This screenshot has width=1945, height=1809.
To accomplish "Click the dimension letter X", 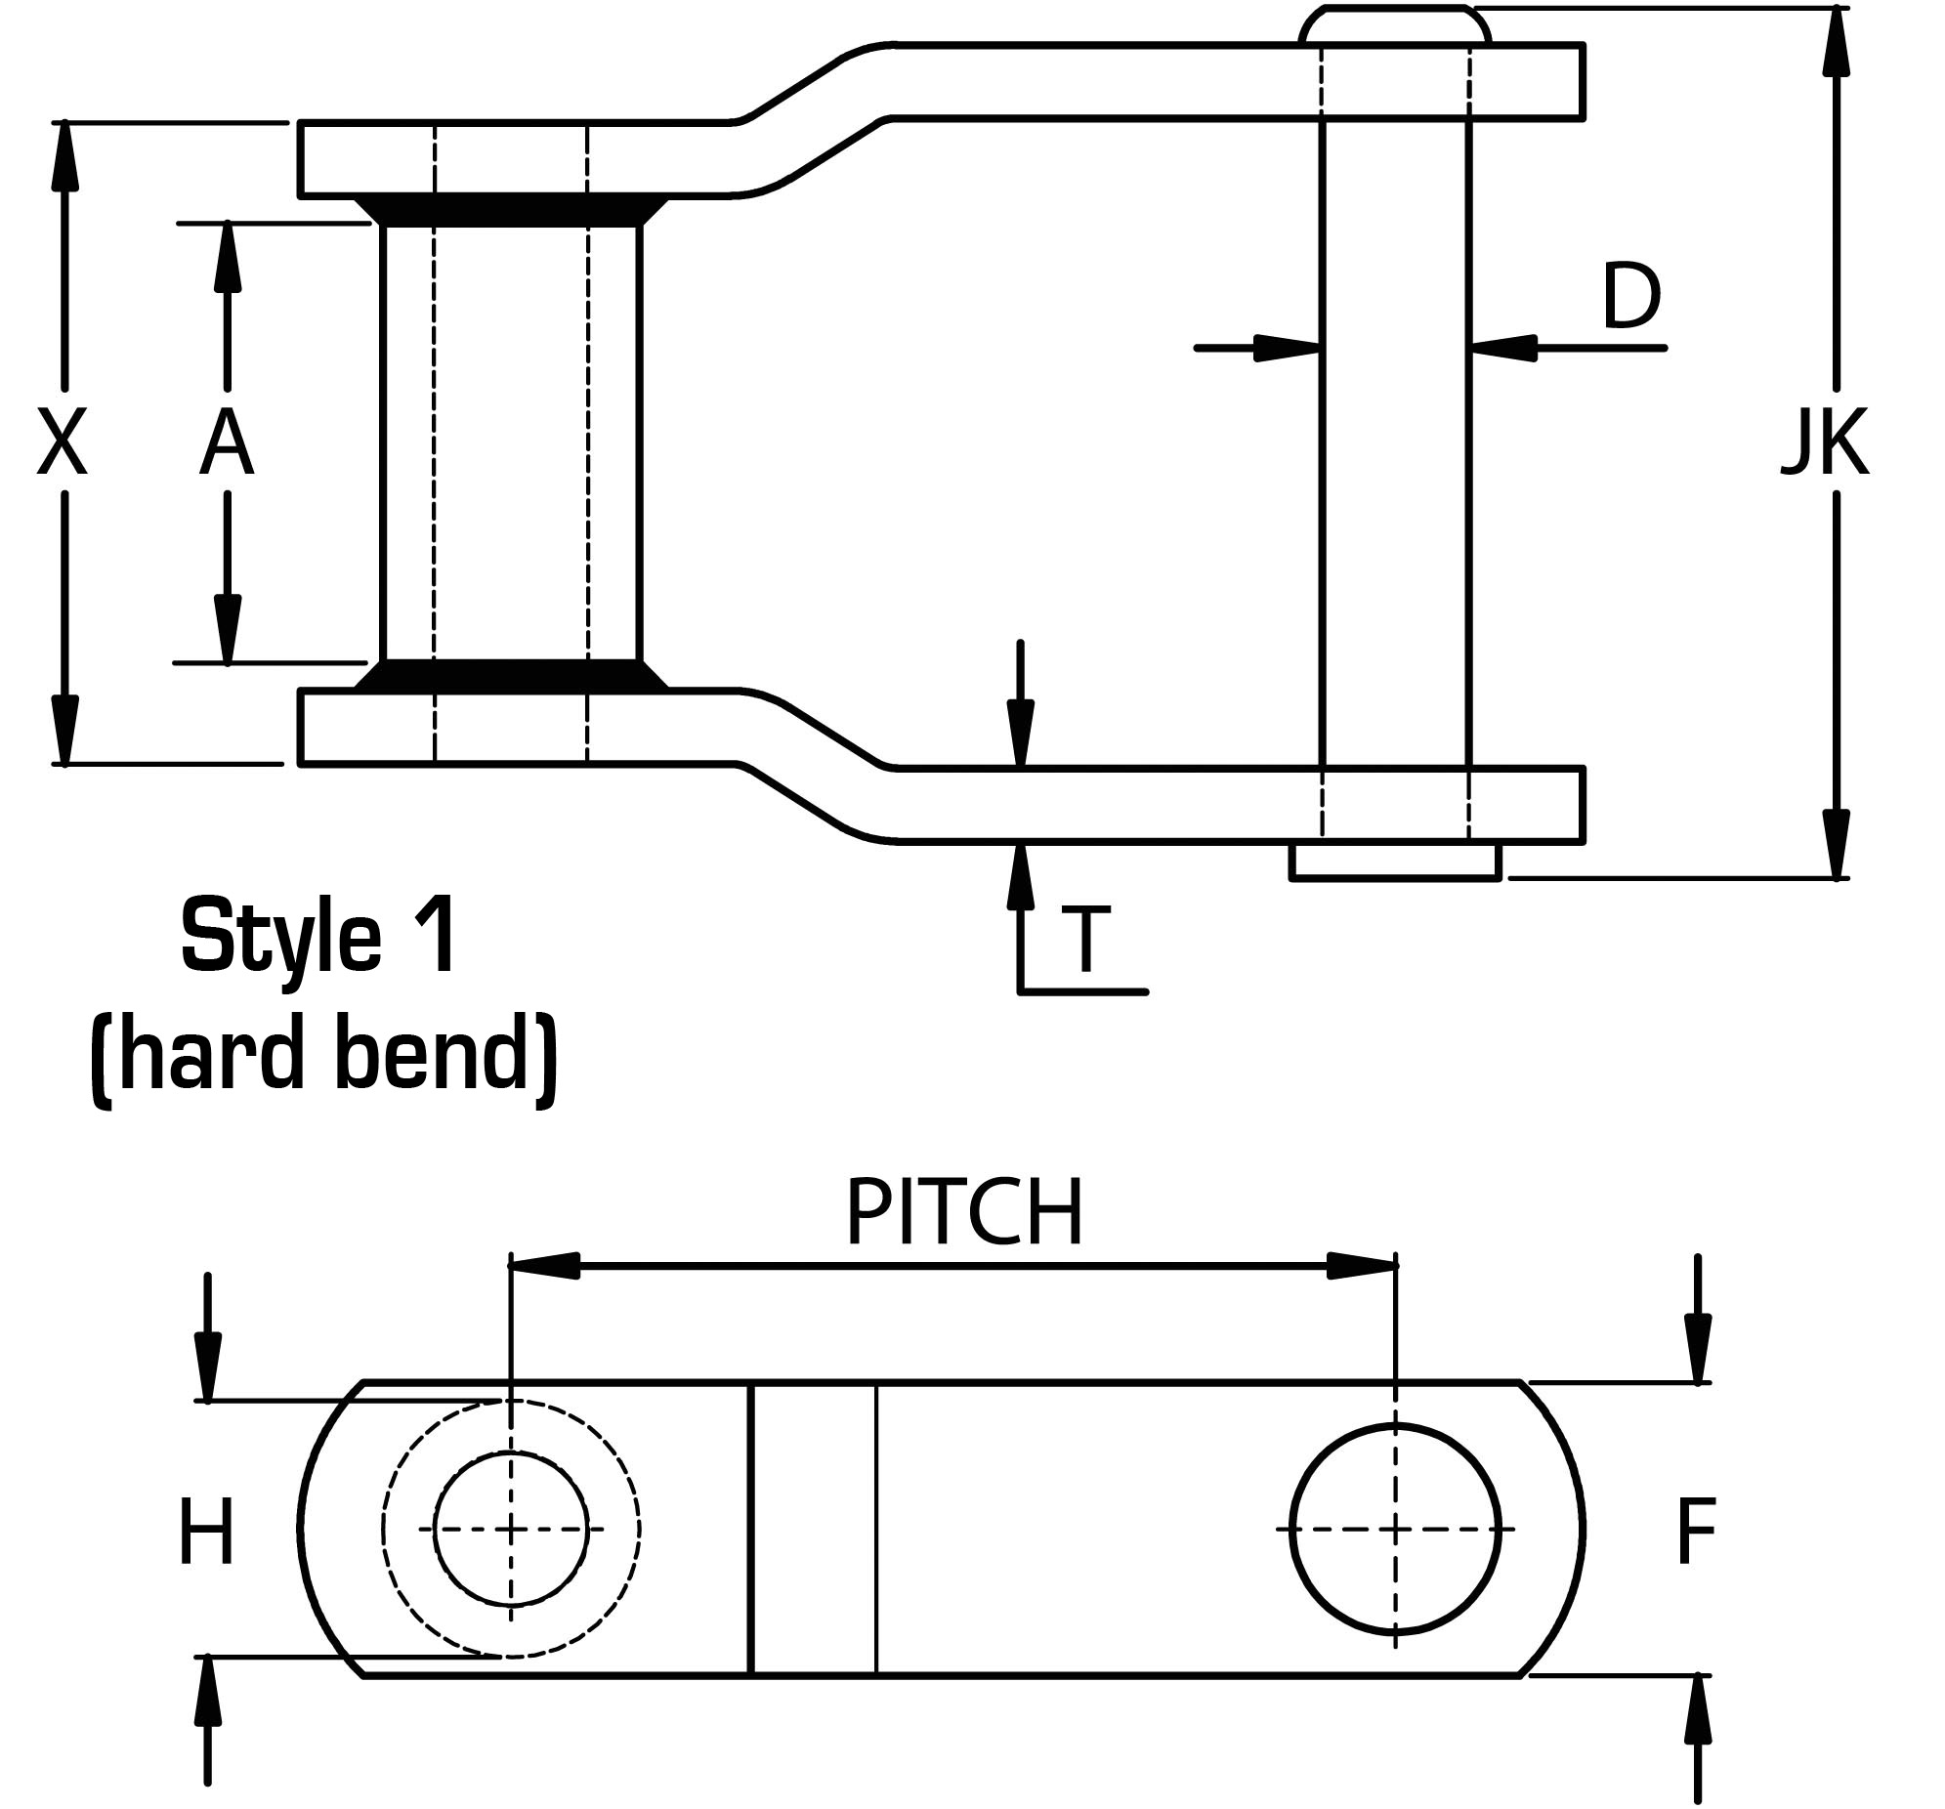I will pyautogui.click(x=62, y=442).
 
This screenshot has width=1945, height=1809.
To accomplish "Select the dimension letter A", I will pyautogui.click(x=226, y=443).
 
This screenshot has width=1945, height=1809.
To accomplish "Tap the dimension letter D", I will pyautogui.click(x=1631, y=296).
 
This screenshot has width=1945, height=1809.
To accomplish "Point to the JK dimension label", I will pyautogui.click(x=1825, y=443).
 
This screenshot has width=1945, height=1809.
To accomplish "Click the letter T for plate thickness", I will pyautogui.click(x=1087, y=941).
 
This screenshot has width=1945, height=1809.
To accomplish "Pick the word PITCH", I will pyautogui.click(x=964, y=1213).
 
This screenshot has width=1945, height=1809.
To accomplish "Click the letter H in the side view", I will pyautogui.click(x=206, y=1533).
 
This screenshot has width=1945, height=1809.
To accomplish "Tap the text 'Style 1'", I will pyautogui.click(x=318, y=937).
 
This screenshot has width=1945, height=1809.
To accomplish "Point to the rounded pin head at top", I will pyautogui.click(x=1395, y=25).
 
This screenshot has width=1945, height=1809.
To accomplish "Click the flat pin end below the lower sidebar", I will pyautogui.click(x=1395, y=862).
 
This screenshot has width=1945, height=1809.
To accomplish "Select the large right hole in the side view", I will pyautogui.click(x=1395, y=1529).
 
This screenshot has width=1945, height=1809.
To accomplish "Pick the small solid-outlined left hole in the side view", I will pyautogui.click(x=511, y=1529).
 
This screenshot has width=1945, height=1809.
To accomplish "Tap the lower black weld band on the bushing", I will pyautogui.click(x=511, y=675).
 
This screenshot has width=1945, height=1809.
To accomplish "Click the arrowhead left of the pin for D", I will pyautogui.click(x=1288, y=348).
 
